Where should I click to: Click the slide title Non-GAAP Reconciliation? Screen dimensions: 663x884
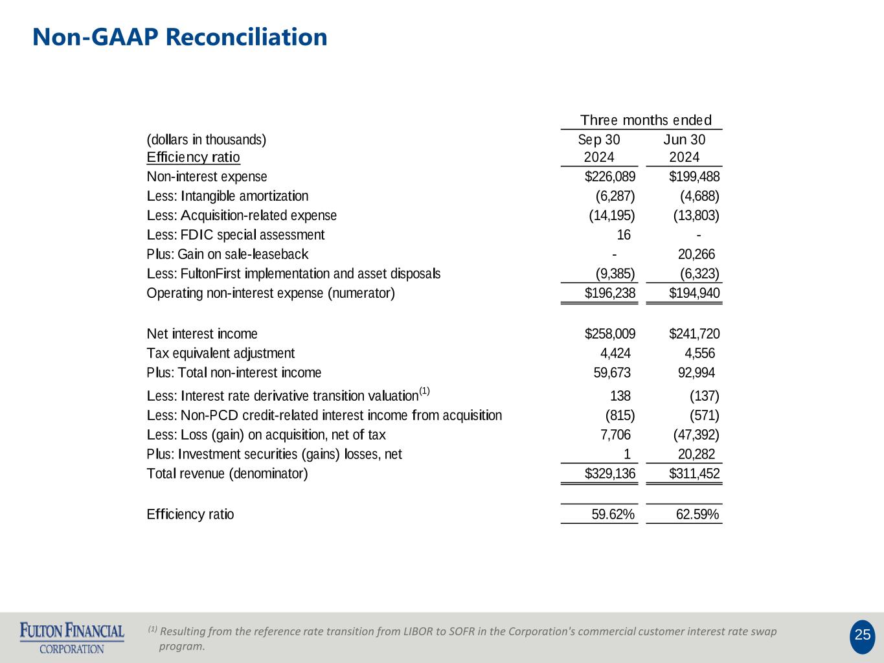click(x=180, y=37)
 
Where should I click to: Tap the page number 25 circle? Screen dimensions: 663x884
click(x=862, y=635)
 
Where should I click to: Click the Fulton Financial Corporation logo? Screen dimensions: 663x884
click(x=72, y=638)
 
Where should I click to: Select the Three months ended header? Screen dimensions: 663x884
click(x=646, y=120)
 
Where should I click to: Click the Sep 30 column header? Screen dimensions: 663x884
click(x=599, y=140)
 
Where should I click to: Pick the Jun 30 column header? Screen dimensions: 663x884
click(x=685, y=140)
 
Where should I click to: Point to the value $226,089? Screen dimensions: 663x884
click(x=610, y=177)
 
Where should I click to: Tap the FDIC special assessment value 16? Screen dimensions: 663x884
click(x=624, y=235)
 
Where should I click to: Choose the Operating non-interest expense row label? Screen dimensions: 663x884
click(x=271, y=293)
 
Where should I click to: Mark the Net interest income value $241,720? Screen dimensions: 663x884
click(x=694, y=334)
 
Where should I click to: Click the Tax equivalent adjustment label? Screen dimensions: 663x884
click(x=220, y=354)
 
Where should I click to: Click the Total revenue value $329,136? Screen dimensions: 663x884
click(x=610, y=474)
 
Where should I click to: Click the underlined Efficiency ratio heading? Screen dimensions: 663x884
click(x=193, y=157)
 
